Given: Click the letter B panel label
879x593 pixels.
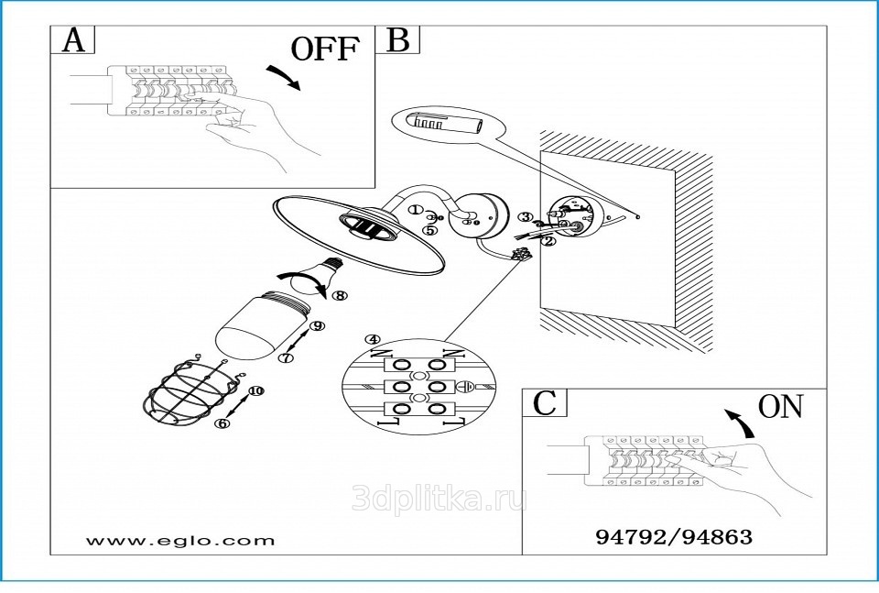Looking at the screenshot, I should pos(400,40).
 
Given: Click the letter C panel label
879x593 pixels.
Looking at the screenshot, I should pos(545,402).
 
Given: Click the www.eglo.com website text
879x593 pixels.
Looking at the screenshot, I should pos(179,540).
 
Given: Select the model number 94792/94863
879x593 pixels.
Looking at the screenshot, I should pos(674,537).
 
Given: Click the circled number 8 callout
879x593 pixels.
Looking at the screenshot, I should pos(340,296).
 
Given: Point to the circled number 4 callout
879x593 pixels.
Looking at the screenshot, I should pos(372,339).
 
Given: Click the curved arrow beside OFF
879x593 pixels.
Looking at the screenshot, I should pos(283,78).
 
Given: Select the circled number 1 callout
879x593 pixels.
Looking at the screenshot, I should pos(414,210).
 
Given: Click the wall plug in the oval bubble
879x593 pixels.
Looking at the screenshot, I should pos(441,123).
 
